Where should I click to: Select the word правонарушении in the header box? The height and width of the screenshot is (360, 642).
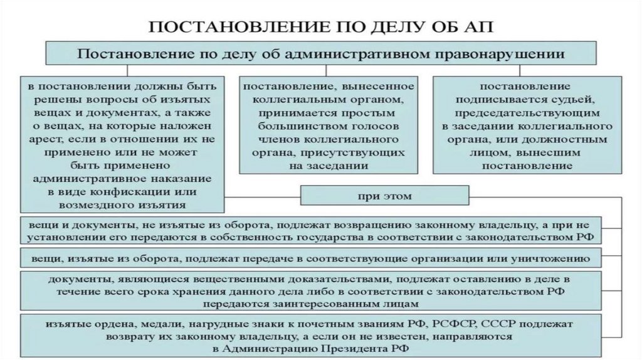pos(507,53)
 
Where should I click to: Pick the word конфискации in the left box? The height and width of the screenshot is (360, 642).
pos(139,191)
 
